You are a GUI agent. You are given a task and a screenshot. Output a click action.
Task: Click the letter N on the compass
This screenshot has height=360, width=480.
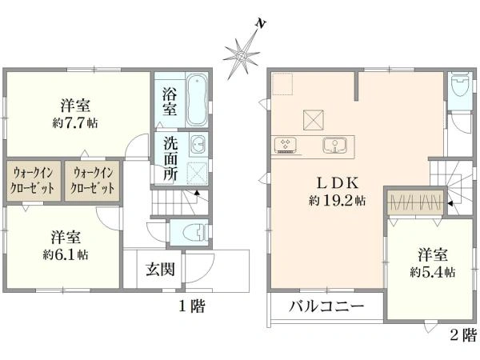coord(260,23)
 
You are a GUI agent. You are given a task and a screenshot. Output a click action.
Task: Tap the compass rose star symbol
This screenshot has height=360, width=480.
coord(242,56)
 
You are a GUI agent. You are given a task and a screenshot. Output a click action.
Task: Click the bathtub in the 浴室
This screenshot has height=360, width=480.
coord(196,100)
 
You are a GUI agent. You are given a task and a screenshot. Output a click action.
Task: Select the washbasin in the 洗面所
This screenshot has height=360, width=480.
coord(198,144)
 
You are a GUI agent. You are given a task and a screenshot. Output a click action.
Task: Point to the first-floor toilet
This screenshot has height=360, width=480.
coord(196,232)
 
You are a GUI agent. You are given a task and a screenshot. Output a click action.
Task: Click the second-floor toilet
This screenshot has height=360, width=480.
coord(460,84)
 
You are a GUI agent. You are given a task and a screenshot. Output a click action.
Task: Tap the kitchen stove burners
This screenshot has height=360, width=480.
coord(286,144)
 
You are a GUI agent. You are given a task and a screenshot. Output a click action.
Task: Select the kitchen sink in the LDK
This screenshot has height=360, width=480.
coord(334,145)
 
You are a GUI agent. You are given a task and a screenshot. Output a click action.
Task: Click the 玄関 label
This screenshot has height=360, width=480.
coord(160,270)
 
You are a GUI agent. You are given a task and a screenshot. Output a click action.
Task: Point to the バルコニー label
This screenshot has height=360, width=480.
coord(326,306)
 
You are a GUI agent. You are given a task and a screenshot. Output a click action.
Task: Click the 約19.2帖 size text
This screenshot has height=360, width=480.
coord(337,201)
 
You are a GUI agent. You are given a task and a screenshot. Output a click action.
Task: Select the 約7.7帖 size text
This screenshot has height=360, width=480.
coord(75,123)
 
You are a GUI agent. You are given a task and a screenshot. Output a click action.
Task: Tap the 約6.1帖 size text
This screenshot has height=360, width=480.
coord(66,254)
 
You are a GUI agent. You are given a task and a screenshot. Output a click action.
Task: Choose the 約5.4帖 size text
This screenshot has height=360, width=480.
coord(433,272)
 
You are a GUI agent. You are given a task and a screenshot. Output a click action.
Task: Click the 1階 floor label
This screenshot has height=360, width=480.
coord(192,306)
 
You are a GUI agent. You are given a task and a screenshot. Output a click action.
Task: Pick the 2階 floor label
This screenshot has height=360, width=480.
coord(463,335)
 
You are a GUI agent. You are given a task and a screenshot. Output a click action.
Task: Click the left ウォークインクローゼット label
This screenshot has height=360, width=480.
coord(32,181)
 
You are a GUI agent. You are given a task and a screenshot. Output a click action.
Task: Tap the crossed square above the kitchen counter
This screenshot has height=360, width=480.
coord(314,120)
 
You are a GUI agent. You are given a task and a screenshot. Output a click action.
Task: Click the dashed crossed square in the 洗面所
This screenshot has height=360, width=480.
coord(197,173)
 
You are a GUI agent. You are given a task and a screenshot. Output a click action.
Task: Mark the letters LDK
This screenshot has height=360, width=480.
coord(337,184)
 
